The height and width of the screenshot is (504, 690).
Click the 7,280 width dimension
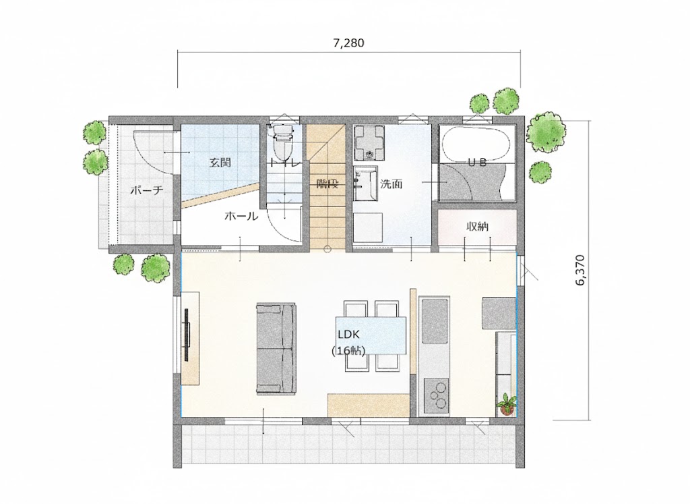coord(348,43)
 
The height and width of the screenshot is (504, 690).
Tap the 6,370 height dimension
coord(580,270)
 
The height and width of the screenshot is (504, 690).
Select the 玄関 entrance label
coord(220,163)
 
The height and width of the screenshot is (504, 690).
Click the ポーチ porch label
coord(146,191)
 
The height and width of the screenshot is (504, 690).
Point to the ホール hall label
coord(241,217)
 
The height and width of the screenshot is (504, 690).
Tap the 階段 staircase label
coord(327,184)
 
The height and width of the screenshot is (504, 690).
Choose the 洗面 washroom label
coord(391,184)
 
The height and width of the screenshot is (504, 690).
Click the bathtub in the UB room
coord(476,144)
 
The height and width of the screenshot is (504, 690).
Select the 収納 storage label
coord(477,227)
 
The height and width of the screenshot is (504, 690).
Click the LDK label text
coord(348,335)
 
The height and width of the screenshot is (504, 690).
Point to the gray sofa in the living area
coord(276,347)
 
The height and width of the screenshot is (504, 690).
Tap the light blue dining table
coord(371,335)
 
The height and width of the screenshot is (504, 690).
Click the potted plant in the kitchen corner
coord(507,404)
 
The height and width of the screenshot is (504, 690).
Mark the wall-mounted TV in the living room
coord(187,335)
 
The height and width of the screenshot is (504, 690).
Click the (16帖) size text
coord(348,351)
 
